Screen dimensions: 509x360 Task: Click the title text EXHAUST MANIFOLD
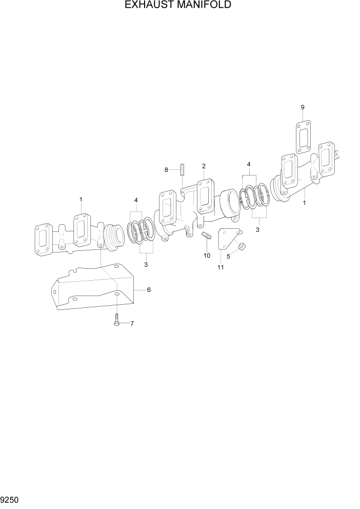point(178,6)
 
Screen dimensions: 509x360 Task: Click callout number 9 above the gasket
point(303,107)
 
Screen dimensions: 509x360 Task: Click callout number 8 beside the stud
point(166,169)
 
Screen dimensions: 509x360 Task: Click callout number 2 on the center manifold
point(204,166)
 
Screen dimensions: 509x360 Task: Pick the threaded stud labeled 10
point(207,237)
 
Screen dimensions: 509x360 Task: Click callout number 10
point(207,255)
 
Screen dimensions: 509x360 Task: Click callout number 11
point(221,267)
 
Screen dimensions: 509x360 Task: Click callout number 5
point(229,256)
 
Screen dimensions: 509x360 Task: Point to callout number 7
point(132,324)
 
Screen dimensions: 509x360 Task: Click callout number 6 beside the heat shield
point(149,290)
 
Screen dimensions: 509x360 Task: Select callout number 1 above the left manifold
point(81,199)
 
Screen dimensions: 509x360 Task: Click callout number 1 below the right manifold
point(305,203)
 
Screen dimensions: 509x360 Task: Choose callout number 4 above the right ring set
point(249,164)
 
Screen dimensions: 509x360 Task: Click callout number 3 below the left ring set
point(146,265)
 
